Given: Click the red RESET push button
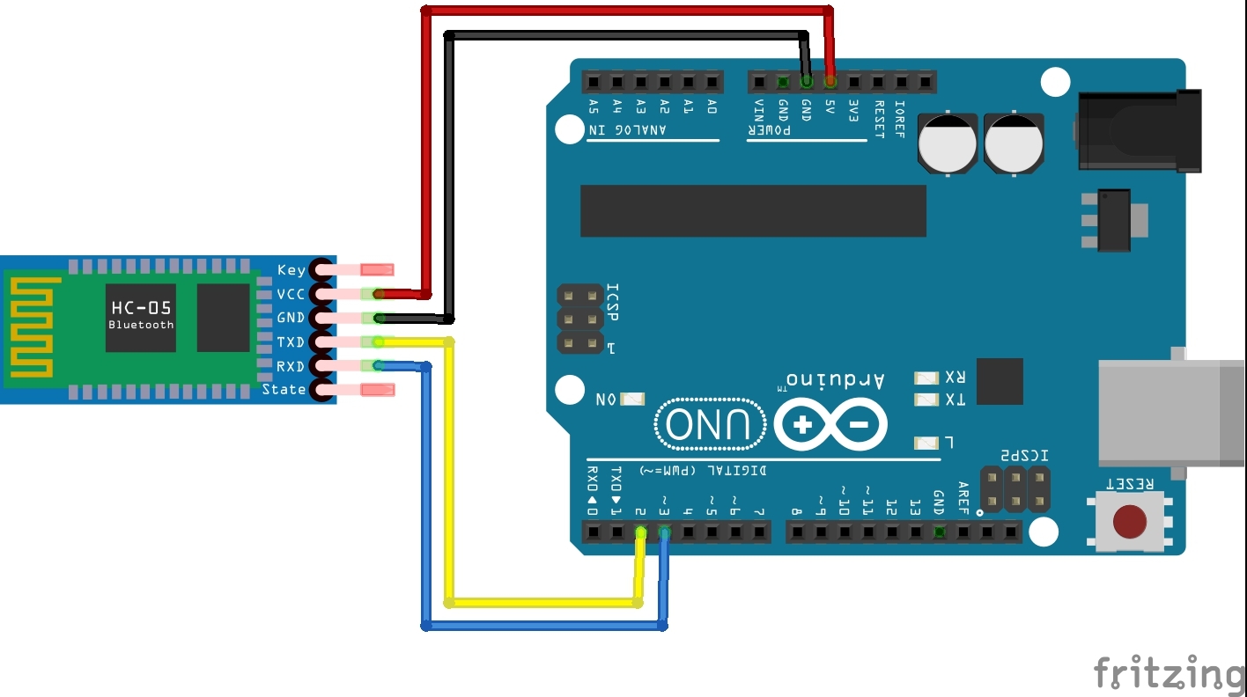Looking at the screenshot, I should (x=1130, y=522).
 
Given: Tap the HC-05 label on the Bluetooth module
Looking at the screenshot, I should (x=141, y=308).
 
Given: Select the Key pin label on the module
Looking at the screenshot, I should (x=291, y=270).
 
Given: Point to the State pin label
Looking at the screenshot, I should (x=284, y=389).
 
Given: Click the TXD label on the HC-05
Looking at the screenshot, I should (x=291, y=341).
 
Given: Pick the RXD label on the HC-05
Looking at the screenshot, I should (x=291, y=365).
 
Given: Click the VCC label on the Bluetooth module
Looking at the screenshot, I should (x=291, y=294).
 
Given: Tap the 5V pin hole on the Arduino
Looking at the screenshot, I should (x=830, y=82).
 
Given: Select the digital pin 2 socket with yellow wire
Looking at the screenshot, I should (x=640, y=532).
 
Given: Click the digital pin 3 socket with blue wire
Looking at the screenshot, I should (x=664, y=532).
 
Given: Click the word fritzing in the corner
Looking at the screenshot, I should (x=1169, y=674).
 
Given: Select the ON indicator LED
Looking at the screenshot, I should (x=631, y=400).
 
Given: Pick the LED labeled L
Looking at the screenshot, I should (x=926, y=443).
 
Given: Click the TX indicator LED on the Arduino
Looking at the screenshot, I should (x=926, y=400).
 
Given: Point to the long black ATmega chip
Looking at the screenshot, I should (x=753, y=211).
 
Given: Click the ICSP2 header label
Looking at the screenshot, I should (x=1023, y=455).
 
